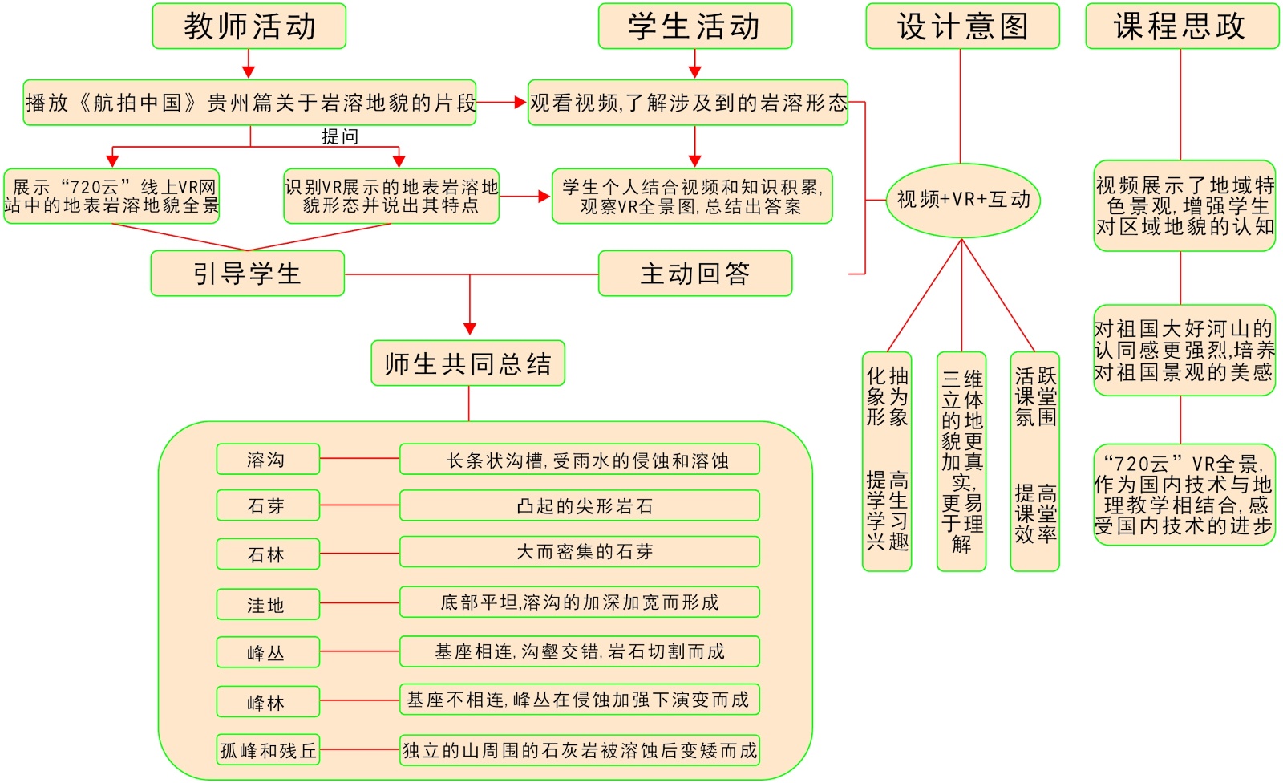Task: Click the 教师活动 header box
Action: tap(249, 26)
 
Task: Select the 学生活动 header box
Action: tap(694, 26)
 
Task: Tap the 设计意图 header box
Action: tap(961, 26)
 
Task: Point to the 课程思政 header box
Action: tap(1181, 26)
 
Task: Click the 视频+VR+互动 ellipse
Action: tap(962, 200)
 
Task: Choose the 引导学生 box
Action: tap(247, 274)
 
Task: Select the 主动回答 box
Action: tap(694, 274)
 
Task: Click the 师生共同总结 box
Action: tap(467, 363)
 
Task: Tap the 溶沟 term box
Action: tap(267, 460)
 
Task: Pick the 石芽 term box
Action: tap(267, 506)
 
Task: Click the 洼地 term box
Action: tap(267, 605)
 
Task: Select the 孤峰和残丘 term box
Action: tap(267, 750)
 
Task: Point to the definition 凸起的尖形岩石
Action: tap(579, 506)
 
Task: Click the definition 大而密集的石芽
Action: tap(579, 552)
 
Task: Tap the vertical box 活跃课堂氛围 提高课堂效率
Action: tap(1034, 461)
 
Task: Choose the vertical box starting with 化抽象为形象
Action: tap(887, 461)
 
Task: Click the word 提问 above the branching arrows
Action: tap(340, 137)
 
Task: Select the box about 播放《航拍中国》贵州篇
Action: tap(249, 103)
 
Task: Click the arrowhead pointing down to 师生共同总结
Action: tap(470, 329)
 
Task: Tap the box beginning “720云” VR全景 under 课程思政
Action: tap(1184, 495)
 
